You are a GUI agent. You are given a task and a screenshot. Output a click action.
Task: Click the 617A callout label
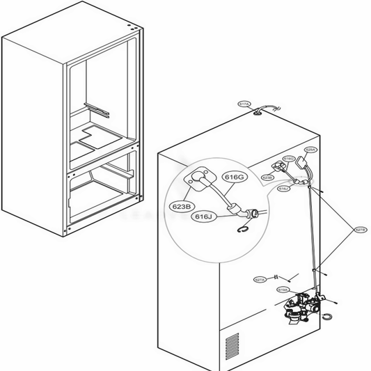click(x=244, y=104)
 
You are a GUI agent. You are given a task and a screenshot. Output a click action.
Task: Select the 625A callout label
click(x=310, y=150)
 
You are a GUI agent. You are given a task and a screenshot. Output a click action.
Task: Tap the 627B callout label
click(x=360, y=229)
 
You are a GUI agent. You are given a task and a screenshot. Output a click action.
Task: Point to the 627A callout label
click(x=260, y=280)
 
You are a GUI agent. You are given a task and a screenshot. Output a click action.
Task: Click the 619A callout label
click(x=283, y=290)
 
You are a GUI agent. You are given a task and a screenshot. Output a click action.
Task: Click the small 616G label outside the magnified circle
click(x=289, y=159)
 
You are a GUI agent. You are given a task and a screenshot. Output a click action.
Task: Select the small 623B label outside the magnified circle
click(x=267, y=178)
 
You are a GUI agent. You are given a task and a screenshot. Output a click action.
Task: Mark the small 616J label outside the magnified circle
click(x=283, y=189)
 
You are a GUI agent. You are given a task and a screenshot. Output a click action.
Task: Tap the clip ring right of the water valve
click(x=327, y=318)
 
